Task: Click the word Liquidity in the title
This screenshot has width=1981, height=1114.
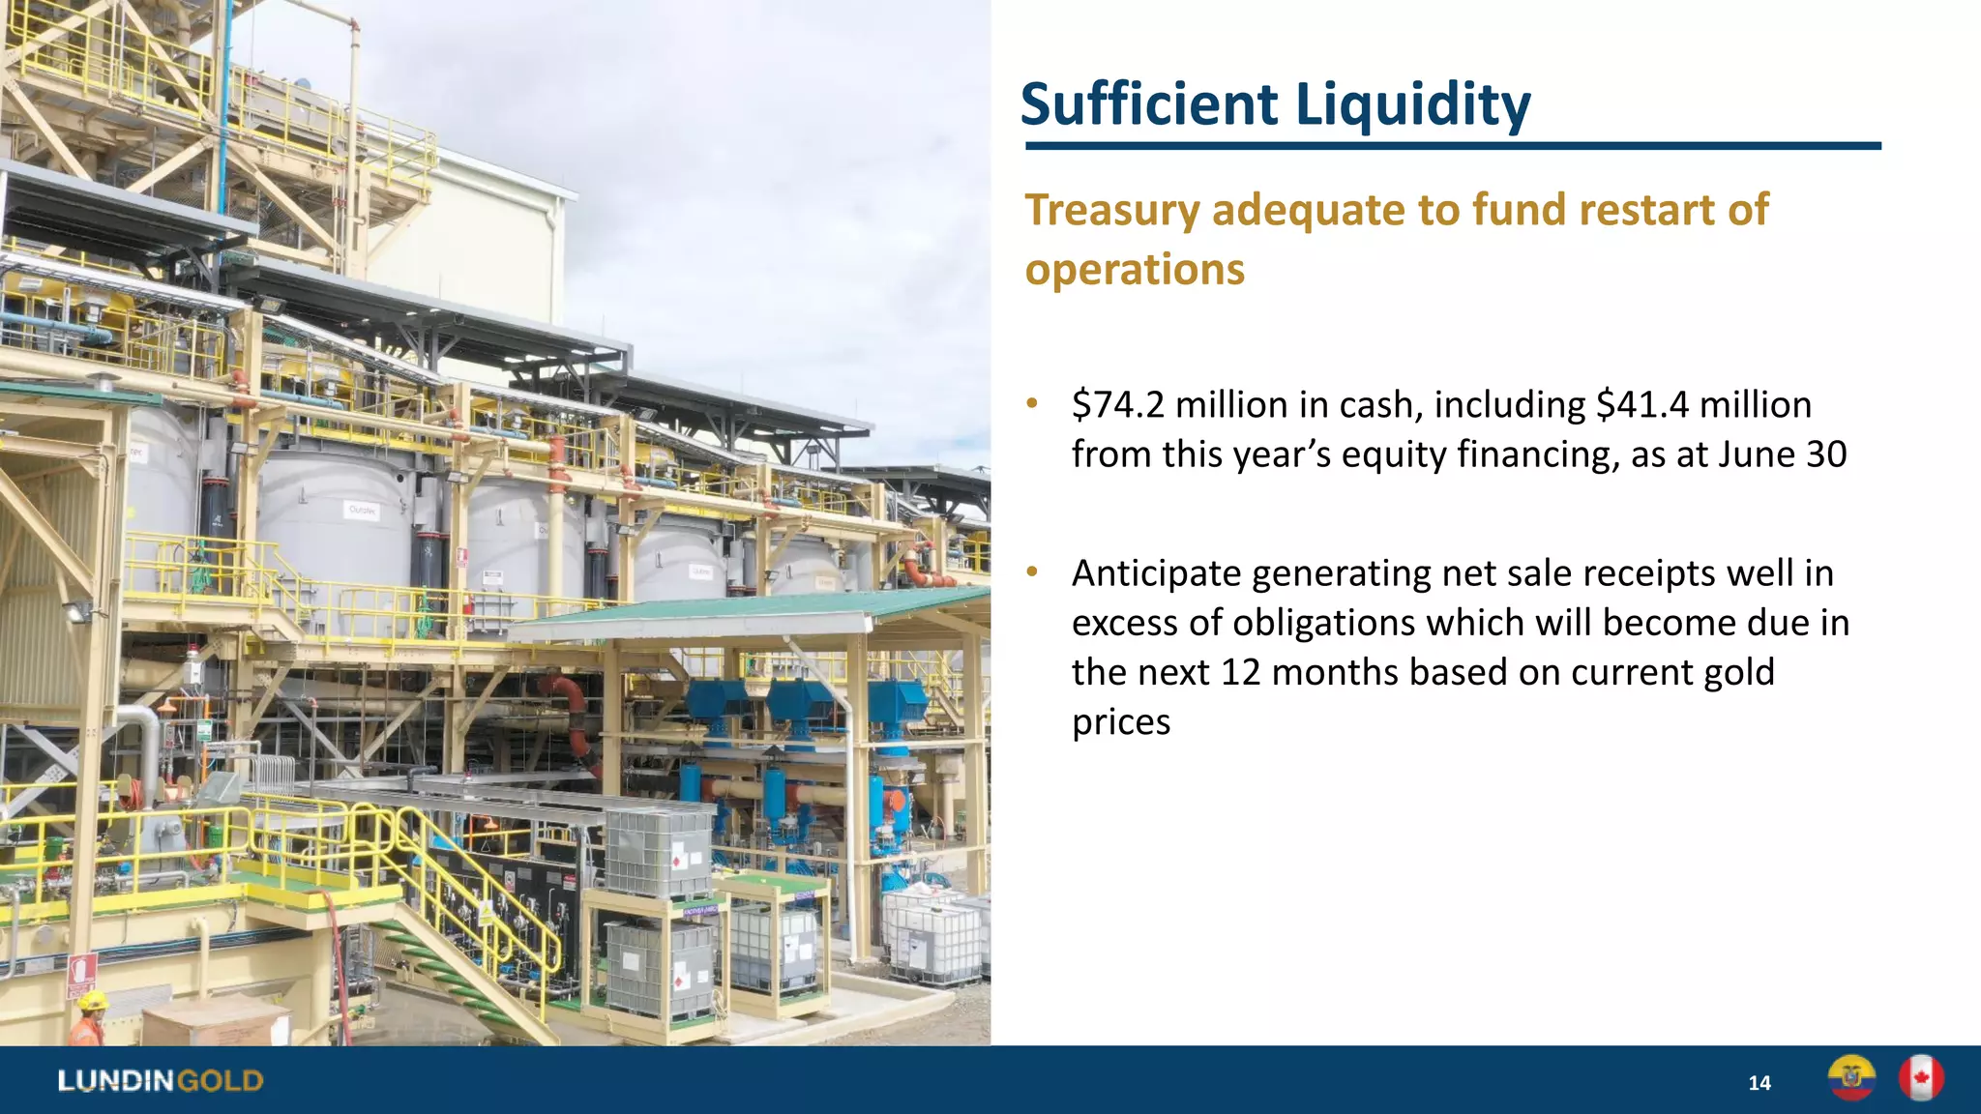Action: pyautogui.click(x=1412, y=104)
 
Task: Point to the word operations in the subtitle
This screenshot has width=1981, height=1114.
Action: pyautogui.click(x=1135, y=269)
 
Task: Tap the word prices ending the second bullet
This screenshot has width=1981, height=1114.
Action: pyautogui.click(x=1121, y=722)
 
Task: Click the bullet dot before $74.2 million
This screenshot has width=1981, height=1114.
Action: pyautogui.click(x=1032, y=403)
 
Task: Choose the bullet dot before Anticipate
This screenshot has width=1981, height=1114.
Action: pyautogui.click(x=1032, y=572)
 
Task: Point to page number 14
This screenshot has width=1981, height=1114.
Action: pyautogui.click(x=1759, y=1083)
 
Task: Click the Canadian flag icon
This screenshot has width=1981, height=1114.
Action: pyautogui.click(x=1920, y=1078)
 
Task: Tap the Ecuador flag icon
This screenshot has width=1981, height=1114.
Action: pyautogui.click(x=1851, y=1078)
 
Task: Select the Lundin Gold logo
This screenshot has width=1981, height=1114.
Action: pyautogui.click(x=161, y=1080)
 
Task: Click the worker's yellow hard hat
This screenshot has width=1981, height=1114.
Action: pyautogui.click(x=92, y=999)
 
